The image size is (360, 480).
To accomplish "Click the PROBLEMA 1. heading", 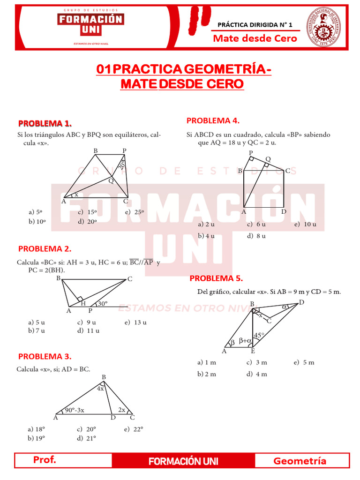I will point(45,124).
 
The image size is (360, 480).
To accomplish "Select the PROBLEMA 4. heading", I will point(213,120).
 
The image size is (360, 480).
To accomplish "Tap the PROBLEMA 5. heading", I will point(216,278).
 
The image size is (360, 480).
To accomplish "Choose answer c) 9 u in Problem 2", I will point(86,322).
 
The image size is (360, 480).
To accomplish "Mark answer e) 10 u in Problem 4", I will point(305,225).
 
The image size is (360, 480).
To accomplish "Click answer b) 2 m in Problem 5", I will point(207,374).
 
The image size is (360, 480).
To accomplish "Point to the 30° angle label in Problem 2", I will point(103,304).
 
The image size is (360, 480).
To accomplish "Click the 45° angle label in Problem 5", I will point(259,335).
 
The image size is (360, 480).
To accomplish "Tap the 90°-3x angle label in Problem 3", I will point(75,410).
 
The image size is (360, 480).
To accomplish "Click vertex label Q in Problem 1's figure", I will point(111,180).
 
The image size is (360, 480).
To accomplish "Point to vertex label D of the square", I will point(284,211).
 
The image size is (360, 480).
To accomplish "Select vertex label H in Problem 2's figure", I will point(83,304).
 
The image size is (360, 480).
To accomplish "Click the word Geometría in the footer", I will point(300,461).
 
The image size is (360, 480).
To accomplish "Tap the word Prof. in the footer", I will point(45,460).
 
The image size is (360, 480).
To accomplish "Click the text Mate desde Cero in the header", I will point(255,38).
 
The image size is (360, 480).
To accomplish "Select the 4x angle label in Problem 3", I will point(100,388).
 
